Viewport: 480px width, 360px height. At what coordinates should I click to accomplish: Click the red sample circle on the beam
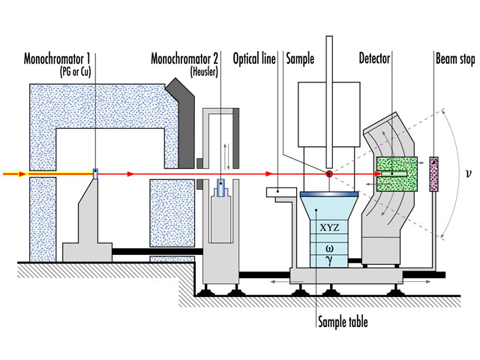[x=328, y=175]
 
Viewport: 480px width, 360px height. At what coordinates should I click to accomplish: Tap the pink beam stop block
[x=433, y=175]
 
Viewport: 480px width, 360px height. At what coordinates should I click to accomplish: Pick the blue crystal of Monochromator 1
[x=95, y=175]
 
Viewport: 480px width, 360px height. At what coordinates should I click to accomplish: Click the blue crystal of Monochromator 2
[x=221, y=184]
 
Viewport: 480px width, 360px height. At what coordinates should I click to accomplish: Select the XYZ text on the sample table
[x=328, y=226]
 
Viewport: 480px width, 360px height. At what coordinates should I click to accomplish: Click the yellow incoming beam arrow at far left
[x=10, y=175]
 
